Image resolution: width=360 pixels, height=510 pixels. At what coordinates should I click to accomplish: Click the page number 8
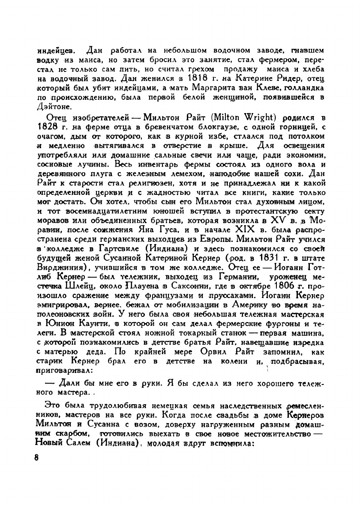tap(37, 457)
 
